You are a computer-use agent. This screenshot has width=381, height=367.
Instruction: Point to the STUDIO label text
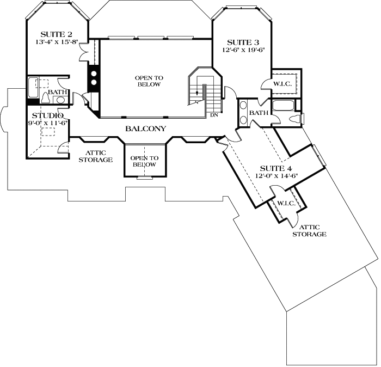48,115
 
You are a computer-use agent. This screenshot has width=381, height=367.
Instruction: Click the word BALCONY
145,129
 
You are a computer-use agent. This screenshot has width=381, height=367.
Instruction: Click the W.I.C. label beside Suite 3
283,84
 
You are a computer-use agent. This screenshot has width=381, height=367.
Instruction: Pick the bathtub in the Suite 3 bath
284,106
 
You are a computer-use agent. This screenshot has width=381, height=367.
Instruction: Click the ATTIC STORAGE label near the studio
95,156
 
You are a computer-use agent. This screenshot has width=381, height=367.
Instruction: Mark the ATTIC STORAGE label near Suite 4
309,230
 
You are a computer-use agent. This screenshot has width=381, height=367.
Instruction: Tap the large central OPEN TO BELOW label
148,81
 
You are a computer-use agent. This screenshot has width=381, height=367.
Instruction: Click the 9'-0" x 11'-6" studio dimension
48,123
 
